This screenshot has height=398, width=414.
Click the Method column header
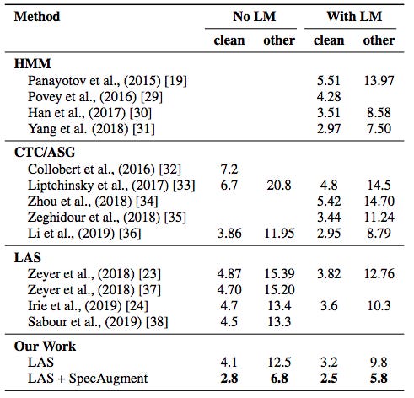coord(37,17)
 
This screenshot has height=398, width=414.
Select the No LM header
coord(254,17)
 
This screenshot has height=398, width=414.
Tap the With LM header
coord(354,17)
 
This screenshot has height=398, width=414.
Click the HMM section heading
coord(32,63)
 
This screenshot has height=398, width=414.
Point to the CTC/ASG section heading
coord(45,153)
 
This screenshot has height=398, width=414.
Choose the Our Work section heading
coord(45,346)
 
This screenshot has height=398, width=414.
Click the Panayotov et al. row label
coord(107,81)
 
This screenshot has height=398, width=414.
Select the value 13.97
coord(379,81)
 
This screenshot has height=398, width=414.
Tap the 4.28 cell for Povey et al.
coord(329,97)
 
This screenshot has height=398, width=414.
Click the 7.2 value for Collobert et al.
coord(229,169)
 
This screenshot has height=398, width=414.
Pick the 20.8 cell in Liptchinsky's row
coord(279,186)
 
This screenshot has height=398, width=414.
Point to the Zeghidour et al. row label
coord(107,218)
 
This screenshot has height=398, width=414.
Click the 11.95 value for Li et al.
coord(279,234)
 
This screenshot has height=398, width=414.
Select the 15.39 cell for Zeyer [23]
coord(279,274)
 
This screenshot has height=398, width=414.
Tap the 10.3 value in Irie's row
coord(379,306)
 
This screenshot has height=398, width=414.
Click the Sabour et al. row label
coord(98,322)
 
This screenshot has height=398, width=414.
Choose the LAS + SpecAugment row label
coord(88,379)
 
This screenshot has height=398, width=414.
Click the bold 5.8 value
coord(379,379)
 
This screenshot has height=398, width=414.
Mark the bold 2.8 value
coord(229,379)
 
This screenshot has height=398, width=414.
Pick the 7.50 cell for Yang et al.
coord(379,129)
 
